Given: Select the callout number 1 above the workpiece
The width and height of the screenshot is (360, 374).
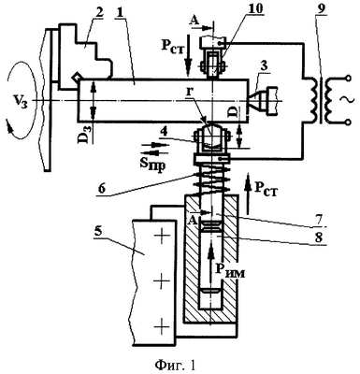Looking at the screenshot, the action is pos(120,12).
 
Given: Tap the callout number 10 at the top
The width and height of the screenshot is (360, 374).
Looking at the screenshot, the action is pos(255,8).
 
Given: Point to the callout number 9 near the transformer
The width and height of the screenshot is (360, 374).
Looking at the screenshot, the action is pos(321,9).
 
